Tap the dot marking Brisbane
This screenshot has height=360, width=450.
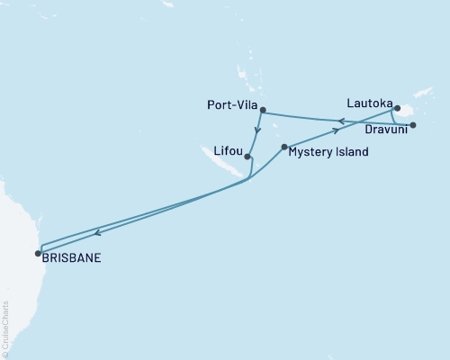click(38, 253)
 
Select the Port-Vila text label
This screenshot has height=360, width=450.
click(229, 105)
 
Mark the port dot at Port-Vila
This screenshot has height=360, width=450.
click(263, 111)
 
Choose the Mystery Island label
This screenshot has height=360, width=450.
click(328, 153)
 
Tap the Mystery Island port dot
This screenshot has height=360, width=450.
click(284, 147)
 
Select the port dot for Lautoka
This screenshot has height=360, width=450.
click(397, 107)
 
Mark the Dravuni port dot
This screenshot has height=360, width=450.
click(413, 125)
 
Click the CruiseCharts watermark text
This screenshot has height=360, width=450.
click(5, 328)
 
